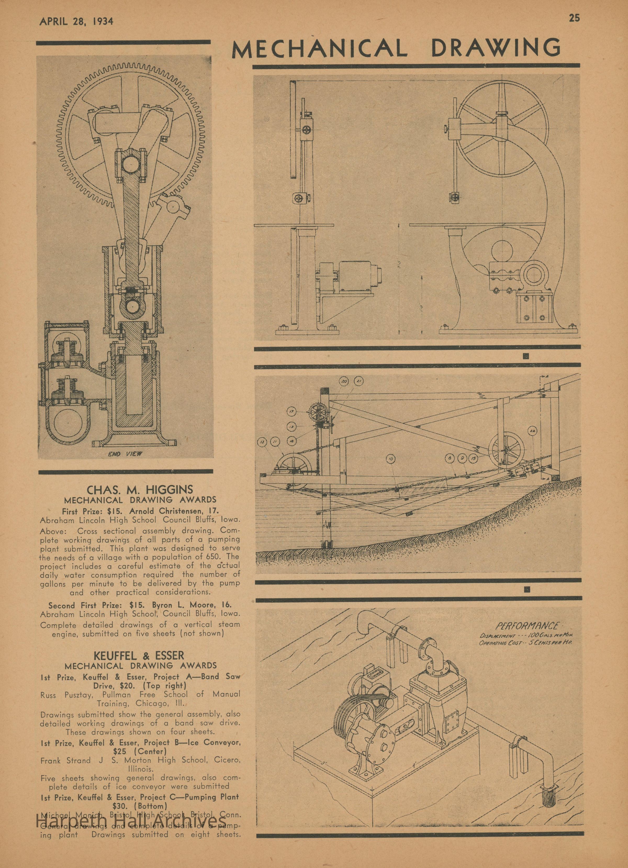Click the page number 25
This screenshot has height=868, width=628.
point(574,18)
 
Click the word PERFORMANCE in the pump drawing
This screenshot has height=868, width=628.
point(527,626)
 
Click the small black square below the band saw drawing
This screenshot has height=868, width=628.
point(526,357)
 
